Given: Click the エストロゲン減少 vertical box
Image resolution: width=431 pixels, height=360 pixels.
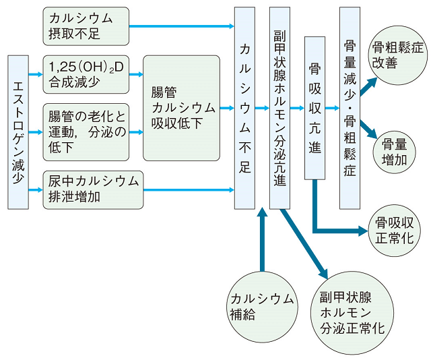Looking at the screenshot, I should (x=18, y=131).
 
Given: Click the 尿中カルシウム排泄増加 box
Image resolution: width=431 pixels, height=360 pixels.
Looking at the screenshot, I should (x=94, y=189).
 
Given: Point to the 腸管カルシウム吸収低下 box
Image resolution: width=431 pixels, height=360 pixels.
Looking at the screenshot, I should (x=181, y=108).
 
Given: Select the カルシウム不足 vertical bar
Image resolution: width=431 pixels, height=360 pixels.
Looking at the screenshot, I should (x=245, y=108).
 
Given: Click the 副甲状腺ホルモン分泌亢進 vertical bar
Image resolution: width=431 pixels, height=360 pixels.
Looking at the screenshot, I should (x=280, y=108).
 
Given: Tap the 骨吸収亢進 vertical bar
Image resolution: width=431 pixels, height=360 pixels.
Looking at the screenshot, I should (x=314, y=108).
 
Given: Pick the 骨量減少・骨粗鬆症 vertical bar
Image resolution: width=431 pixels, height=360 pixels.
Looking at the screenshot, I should (x=350, y=108).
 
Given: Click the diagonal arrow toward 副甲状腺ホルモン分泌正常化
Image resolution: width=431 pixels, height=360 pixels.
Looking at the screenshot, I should (x=302, y=243).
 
